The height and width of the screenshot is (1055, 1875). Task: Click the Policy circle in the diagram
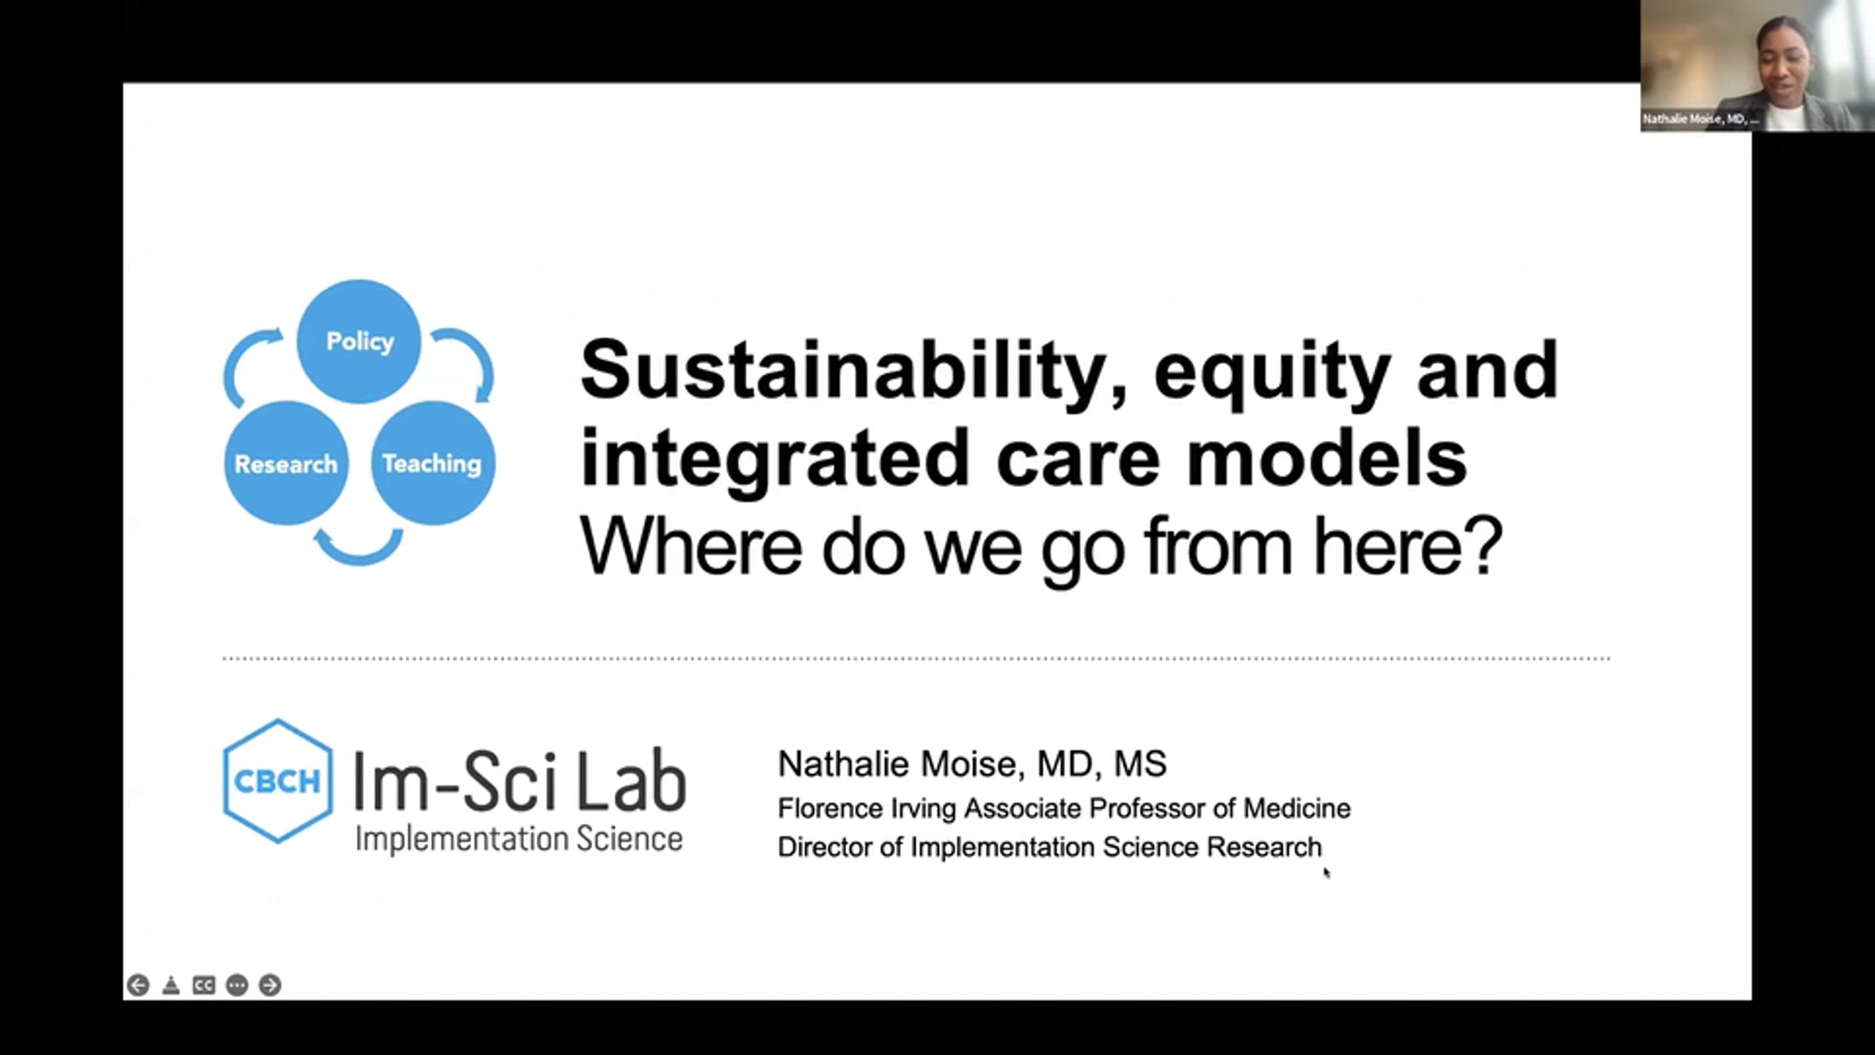[x=359, y=342]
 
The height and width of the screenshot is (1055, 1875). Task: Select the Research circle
[x=286, y=463]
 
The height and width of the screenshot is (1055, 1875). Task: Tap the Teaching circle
[x=433, y=463]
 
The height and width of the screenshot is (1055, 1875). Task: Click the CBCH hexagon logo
[x=277, y=781]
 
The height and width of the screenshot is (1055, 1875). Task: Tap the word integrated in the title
[x=774, y=460]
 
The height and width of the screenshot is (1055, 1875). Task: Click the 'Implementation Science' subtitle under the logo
[x=520, y=839]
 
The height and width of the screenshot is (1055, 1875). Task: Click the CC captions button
[x=204, y=985]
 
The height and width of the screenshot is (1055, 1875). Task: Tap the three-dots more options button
[x=237, y=985]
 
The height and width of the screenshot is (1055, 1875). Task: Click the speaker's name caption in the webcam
[x=1700, y=120]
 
